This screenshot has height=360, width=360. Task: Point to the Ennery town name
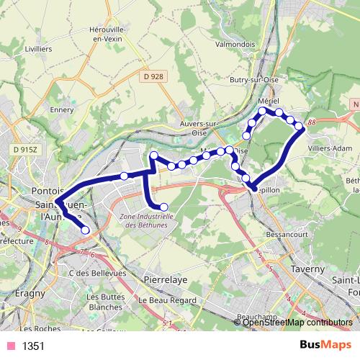63,111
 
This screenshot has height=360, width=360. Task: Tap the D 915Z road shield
25,148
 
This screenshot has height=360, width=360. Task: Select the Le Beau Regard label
161,300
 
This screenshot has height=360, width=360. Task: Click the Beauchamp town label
256,315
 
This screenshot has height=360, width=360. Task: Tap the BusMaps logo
320,346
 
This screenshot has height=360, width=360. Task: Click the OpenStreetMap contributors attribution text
297,323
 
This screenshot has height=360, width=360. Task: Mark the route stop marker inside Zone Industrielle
163,207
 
